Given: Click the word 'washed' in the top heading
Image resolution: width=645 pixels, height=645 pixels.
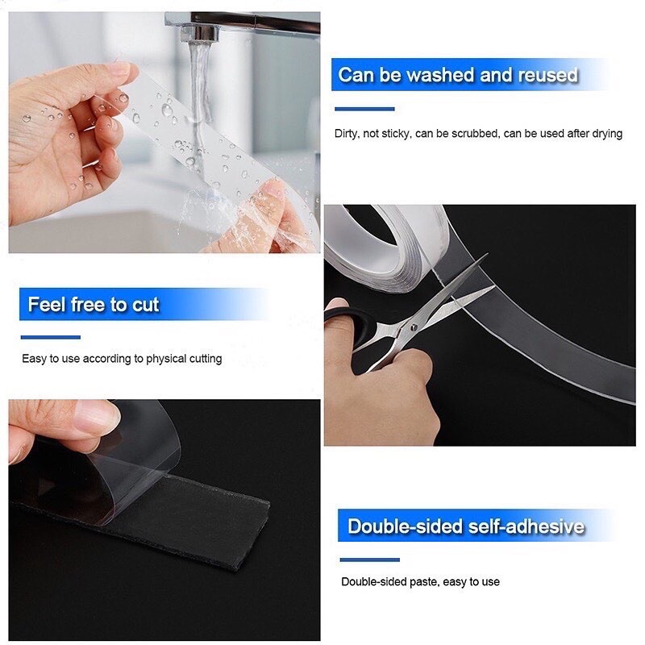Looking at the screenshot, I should coord(440,76).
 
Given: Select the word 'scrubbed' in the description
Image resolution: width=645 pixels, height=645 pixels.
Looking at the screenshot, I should coord(474,134).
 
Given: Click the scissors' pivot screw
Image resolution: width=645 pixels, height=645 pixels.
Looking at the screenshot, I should coord(414,326).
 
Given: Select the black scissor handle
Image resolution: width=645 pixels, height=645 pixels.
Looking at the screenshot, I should coord(343,318).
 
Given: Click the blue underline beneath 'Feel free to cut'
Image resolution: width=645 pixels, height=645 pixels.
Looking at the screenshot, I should coord(50,337).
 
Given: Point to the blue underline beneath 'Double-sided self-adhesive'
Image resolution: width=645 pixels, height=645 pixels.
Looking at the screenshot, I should coord(369,560).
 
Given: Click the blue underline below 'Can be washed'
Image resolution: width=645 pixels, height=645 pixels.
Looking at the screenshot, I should coord(364,109).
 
